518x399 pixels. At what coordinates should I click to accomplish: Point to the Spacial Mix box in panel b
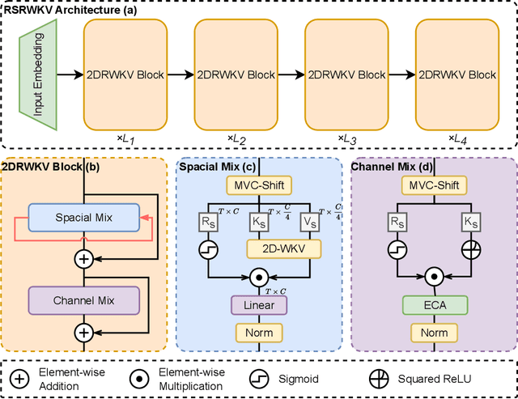pyautogui.click(x=85, y=218)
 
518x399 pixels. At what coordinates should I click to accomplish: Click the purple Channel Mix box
pyautogui.click(x=85, y=300)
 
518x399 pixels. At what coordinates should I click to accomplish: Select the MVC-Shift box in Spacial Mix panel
pyautogui.click(x=259, y=185)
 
